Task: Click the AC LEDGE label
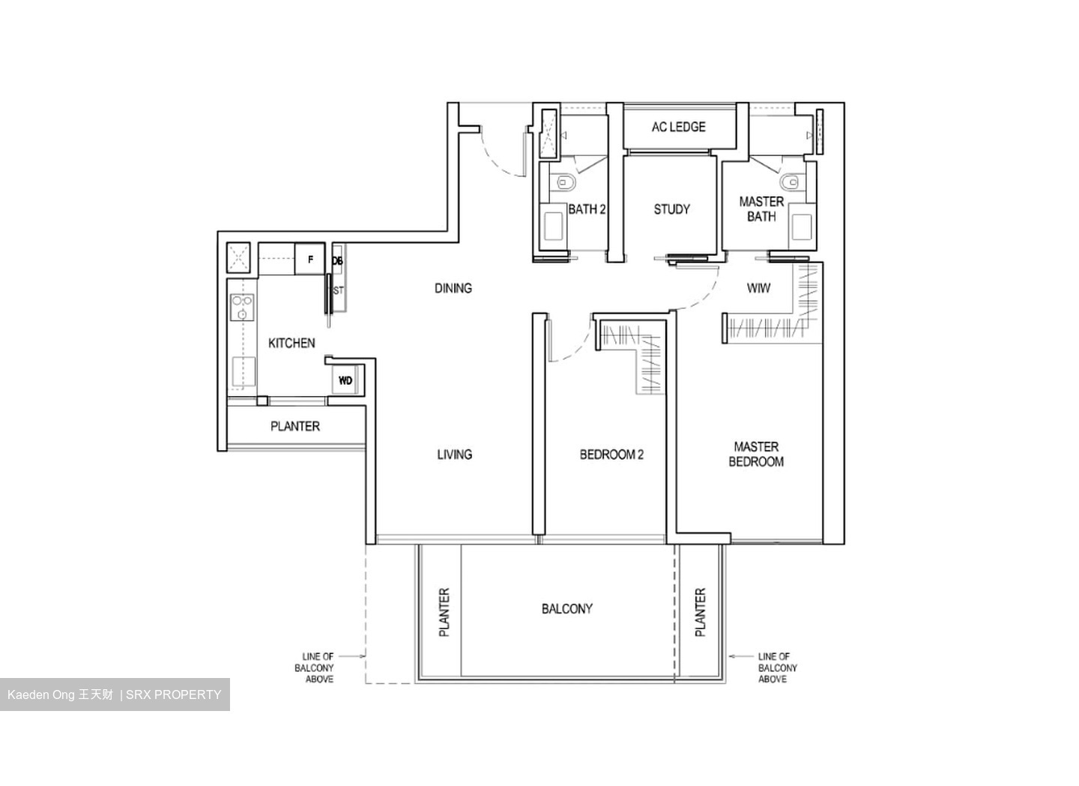678,127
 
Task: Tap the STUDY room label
671,209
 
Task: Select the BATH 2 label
586,209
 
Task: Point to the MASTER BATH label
761,209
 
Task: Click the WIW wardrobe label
758,288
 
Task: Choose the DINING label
453,288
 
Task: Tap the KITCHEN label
291,343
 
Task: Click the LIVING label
454,454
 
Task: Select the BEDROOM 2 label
611,454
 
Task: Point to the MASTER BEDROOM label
756,454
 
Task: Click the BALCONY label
566,609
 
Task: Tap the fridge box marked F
310,260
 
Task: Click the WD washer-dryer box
345,380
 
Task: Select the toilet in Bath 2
563,183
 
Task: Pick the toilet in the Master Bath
789,182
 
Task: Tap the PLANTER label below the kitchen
294,426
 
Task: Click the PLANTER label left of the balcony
444,613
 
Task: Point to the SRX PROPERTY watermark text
174,694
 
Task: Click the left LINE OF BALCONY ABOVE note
318,667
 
